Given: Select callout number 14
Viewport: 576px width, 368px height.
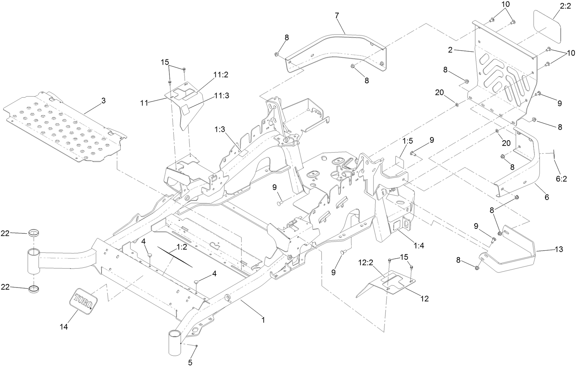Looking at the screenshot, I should [63, 327].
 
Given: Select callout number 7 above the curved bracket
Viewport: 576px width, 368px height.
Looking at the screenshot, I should [337, 15].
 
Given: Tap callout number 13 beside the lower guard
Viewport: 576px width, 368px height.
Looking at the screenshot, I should [559, 249].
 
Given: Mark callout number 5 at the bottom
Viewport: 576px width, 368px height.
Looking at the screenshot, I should [190, 363].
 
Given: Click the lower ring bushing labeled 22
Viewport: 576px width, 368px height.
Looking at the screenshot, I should [34, 289].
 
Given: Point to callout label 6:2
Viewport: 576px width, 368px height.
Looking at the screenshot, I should [561, 179].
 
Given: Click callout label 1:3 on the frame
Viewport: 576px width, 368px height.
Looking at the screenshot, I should [220, 130].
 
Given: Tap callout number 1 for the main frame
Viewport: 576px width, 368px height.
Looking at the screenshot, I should [263, 320].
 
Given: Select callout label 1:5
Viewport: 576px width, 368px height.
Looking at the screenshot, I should [408, 141].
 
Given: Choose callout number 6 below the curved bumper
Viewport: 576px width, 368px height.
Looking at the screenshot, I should [547, 198].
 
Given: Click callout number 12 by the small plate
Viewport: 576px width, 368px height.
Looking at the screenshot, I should [424, 299].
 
